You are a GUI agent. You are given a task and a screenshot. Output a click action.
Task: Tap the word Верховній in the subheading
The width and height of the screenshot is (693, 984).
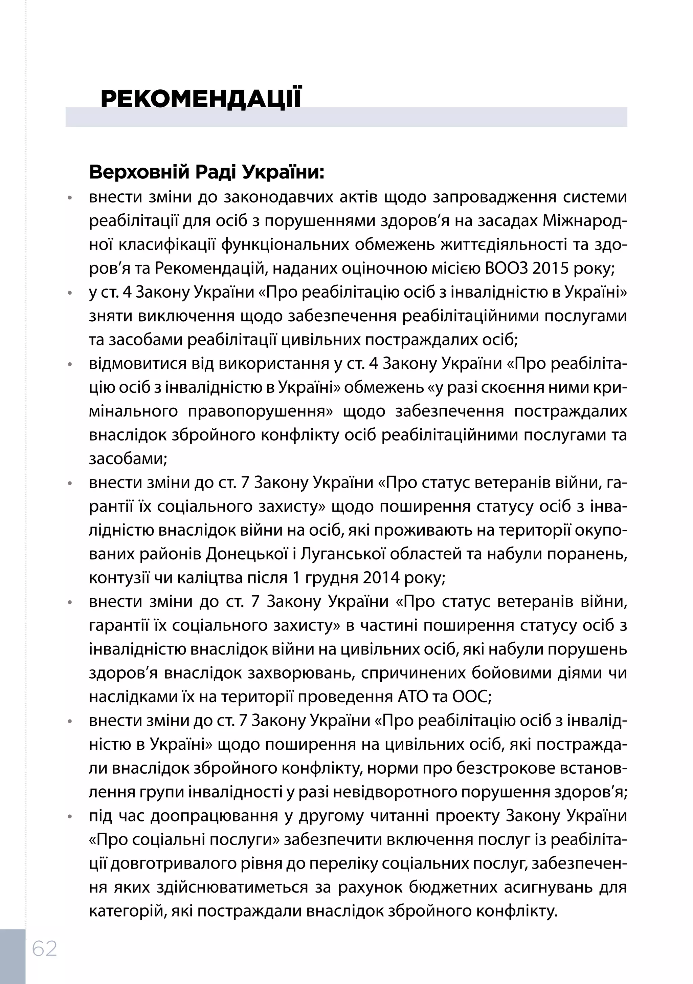(x=139, y=173)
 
